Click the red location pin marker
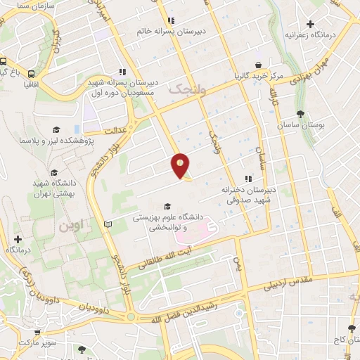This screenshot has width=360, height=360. tap(181, 165)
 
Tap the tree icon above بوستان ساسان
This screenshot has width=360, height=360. tap(302, 113)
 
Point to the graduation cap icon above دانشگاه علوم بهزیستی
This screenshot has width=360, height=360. tap(167, 206)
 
